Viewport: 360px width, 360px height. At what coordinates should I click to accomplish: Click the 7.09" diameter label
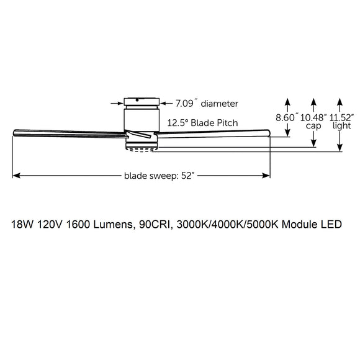[207, 103]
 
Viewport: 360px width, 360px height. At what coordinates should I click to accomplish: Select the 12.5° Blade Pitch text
[203, 123]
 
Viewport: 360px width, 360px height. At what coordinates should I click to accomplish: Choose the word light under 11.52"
[341, 125]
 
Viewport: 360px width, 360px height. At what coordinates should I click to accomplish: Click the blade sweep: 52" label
[160, 176]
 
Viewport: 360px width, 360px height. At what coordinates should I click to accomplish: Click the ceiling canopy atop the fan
[142, 101]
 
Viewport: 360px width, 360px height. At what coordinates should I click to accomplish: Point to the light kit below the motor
[142, 147]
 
